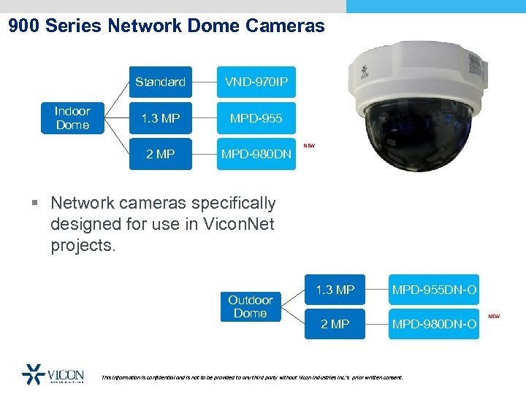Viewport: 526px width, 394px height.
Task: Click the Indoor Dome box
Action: tap(72, 118)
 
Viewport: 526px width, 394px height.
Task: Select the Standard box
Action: tap(160, 82)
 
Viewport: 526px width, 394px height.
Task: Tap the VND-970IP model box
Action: tap(256, 82)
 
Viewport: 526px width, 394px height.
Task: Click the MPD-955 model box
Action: tap(256, 118)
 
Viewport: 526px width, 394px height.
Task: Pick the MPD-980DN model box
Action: tap(256, 154)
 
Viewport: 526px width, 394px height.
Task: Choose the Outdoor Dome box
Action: tap(250, 306)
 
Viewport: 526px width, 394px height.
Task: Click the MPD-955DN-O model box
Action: tap(434, 290)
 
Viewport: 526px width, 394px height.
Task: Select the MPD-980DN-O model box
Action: tap(434, 324)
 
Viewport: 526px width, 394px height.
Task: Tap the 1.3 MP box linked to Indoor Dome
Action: tap(160, 118)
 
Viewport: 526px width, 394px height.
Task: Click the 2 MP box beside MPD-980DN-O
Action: tap(335, 324)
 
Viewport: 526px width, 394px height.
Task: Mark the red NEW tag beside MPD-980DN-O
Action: tap(494, 317)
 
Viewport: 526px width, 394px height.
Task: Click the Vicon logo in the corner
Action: tap(53, 374)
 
